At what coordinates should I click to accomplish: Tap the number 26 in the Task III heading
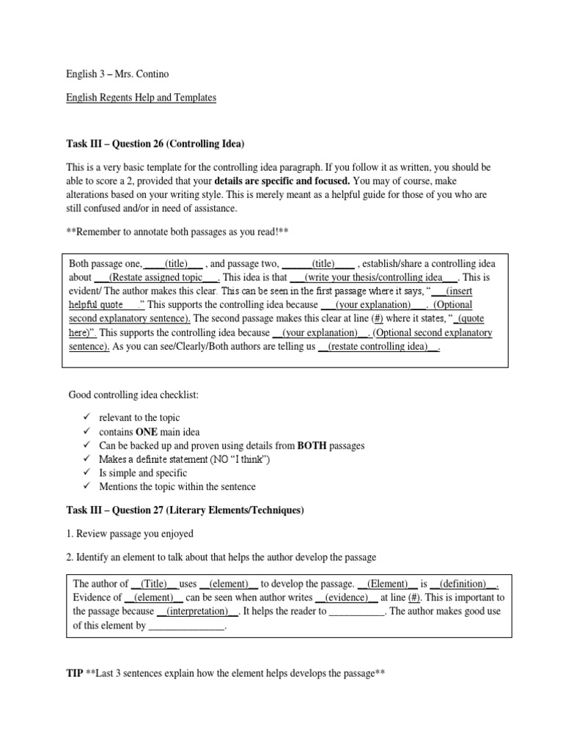[x=155, y=142]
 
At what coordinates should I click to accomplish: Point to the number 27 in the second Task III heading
[x=155, y=509]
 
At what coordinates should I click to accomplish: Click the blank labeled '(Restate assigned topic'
[x=157, y=277]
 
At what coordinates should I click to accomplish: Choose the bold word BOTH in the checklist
[x=313, y=445]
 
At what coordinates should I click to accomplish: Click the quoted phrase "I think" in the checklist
[x=245, y=459]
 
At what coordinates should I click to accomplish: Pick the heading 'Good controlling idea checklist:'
[x=133, y=396]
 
